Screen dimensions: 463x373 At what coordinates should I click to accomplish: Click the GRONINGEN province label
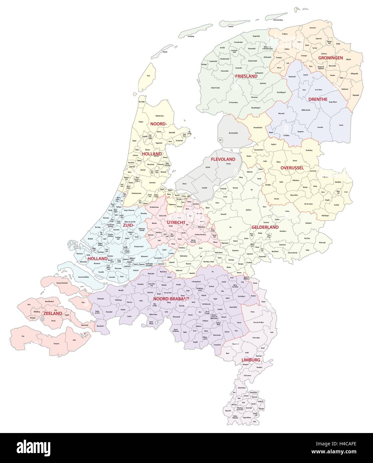(330, 58)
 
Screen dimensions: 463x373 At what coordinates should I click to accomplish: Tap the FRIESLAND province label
(246, 76)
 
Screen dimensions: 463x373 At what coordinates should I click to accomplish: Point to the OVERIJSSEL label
(292, 168)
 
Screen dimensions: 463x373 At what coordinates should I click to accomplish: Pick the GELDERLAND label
(265, 227)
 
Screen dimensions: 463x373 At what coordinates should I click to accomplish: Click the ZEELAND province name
(52, 313)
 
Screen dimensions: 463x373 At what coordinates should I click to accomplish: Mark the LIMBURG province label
(251, 360)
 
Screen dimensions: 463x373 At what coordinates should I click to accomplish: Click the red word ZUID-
(128, 225)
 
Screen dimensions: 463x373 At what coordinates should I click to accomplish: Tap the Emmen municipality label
(341, 125)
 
